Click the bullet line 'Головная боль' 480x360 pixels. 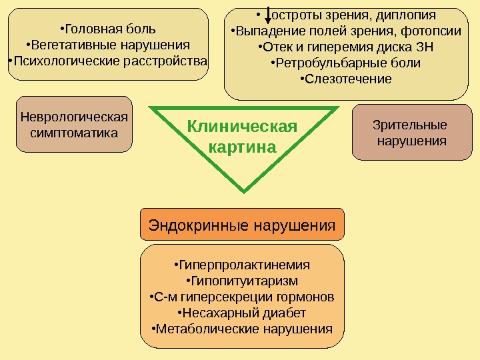(108, 29)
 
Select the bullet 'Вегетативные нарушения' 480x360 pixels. (108, 45)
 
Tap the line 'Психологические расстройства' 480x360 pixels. (108, 62)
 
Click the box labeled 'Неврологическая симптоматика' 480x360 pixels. (74, 125)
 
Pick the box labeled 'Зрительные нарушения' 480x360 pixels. (411, 133)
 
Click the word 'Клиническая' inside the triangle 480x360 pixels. (241, 127)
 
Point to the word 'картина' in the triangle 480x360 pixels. (242, 146)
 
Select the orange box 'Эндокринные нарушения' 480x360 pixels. (242, 225)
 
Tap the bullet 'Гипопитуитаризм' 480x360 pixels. (242, 281)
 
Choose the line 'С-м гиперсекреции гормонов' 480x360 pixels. (242, 297)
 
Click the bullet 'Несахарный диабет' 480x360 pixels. (242, 313)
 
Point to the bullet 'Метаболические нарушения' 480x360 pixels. (242, 329)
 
